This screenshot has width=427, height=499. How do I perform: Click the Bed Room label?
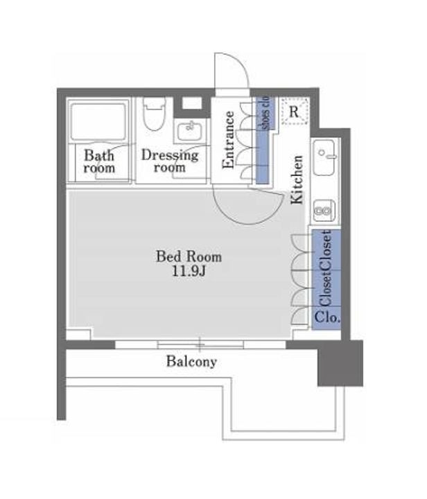(189, 256)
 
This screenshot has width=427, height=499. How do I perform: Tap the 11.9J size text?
(189, 271)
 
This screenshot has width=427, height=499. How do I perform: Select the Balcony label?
(191, 362)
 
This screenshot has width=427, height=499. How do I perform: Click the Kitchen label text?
(297, 180)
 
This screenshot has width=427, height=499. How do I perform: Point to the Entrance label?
(228, 139)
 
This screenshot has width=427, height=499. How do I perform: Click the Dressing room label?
(170, 161)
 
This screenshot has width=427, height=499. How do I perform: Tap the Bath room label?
(99, 161)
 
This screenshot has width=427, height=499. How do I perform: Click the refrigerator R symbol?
(295, 112)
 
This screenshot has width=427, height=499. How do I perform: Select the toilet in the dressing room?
(155, 114)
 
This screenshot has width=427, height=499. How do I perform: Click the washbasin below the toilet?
(190, 130)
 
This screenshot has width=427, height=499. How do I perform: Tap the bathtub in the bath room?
(98, 121)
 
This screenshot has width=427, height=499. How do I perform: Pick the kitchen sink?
(324, 157)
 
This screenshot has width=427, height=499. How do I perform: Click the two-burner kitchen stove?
(324, 210)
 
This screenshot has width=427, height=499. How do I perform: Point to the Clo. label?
(326, 317)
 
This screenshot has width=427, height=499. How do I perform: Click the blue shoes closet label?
(265, 114)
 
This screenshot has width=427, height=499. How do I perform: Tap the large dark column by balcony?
(340, 363)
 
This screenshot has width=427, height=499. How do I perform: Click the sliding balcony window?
(200, 344)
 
